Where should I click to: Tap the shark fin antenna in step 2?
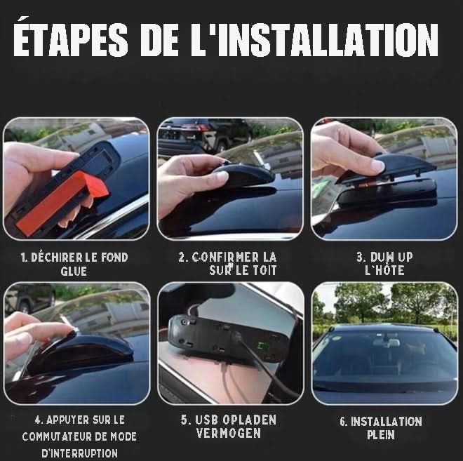click(x=242, y=173)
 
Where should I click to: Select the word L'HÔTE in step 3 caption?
click(x=384, y=270)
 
